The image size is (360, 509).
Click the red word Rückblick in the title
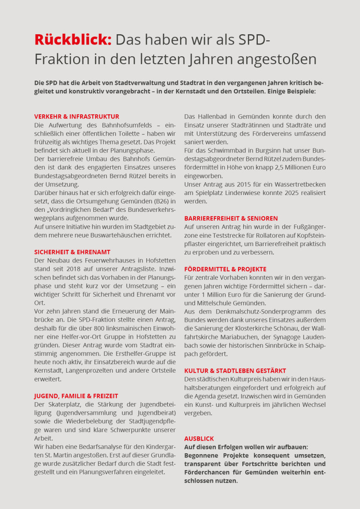[x=73, y=40]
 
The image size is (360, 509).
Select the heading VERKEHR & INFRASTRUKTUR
[x=76, y=117]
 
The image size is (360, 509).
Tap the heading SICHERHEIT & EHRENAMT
[x=73, y=252]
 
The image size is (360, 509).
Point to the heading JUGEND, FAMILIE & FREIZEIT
[x=76, y=396]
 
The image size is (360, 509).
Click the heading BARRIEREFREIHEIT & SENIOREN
[x=231, y=218]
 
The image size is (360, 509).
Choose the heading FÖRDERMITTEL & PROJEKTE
[x=225, y=269]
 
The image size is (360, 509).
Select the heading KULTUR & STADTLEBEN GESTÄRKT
[x=235, y=371]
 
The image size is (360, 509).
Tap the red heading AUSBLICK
[x=199, y=439]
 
